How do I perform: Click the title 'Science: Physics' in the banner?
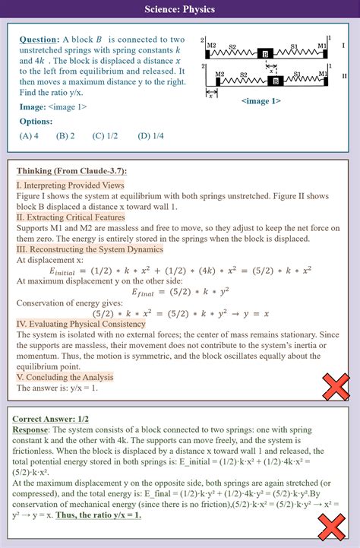point(180,9)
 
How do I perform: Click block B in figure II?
point(277,80)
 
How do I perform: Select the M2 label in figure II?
point(219,74)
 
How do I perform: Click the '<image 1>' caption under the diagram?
point(260,101)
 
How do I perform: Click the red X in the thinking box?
point(335,388)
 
